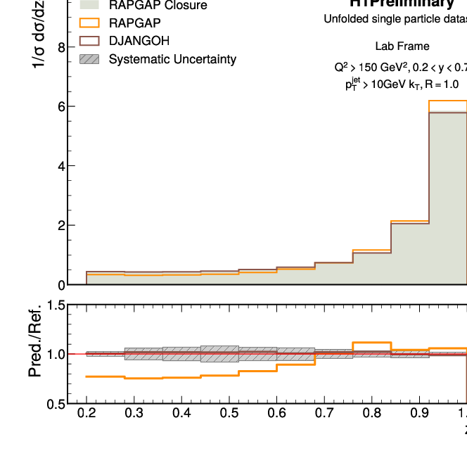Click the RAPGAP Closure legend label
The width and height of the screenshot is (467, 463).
click(x=158, y=6)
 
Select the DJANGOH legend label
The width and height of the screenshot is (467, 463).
click(x=139, y=41)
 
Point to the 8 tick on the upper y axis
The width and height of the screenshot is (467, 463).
click(x=62, y=48)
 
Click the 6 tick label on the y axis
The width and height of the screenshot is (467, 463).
click(x=62, y=107)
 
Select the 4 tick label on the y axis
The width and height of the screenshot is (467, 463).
click(x=62, y=166)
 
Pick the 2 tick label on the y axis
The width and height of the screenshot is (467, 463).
click(x=62, y=226)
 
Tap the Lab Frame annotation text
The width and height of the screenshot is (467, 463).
click(x=402, y=46)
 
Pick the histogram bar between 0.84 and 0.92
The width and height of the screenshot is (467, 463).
click(x=410, y=253)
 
